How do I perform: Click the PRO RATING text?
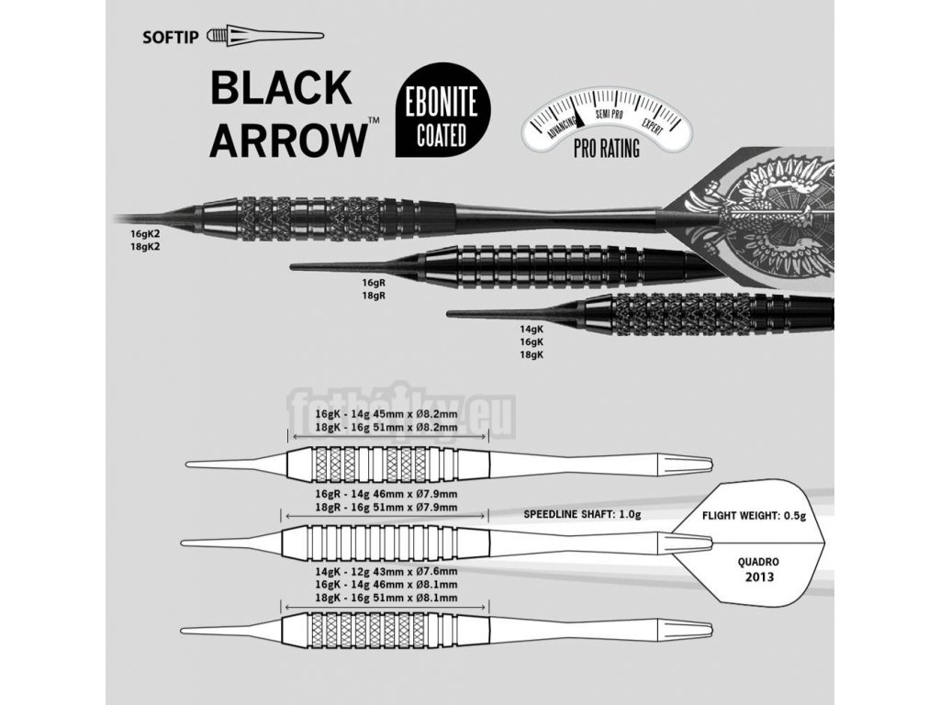click(x=606, y=148)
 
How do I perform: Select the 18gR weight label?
click(x=374, y=297)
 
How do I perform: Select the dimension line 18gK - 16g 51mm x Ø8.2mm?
click(x=386, y=427)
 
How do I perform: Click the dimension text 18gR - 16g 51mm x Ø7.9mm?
click(x=386, y=507)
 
